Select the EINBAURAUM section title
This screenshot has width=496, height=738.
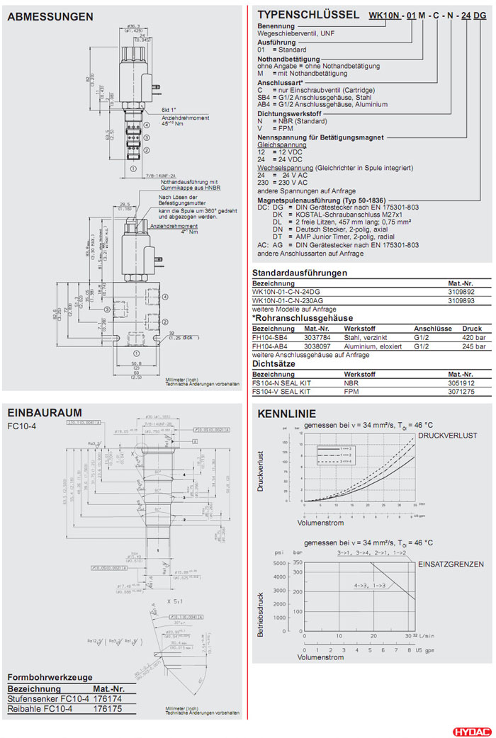pyautogui.click(x=45, y=412)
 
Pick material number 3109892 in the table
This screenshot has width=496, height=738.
pyautogui.click(x=461, y=291)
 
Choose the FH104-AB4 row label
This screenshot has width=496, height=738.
pyautogui.click(x=270, y=346)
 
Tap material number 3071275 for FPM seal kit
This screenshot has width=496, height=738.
pyautogui.click(x=461, y=390)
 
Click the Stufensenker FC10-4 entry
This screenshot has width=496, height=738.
pyautogui.click(x=48, y=698)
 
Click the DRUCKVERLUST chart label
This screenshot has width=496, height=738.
pyautogui.click(x=447, y=435)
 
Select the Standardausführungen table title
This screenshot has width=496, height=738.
pyautogui.click(x=300, y=273)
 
